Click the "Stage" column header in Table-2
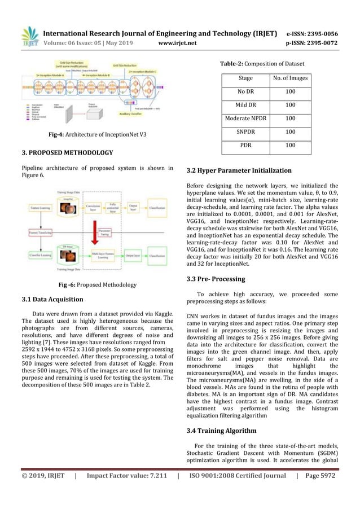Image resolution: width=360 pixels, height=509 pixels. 246,77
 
